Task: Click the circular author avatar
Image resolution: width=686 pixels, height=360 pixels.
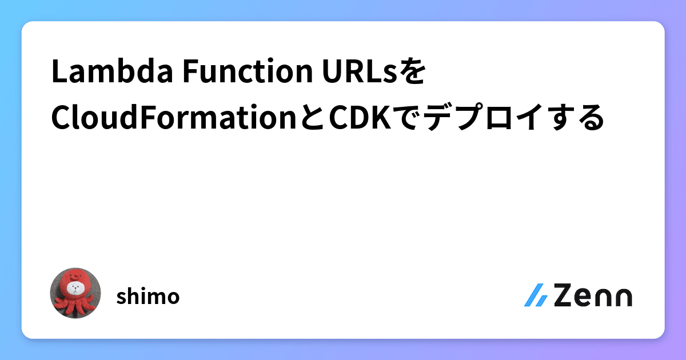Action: pyautogui.click(x=75, y=293)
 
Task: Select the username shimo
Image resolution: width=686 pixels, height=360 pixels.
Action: pyautogui.click(x=148, y=297)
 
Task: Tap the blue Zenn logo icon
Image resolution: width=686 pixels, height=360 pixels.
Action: pyautogui.click(x=536, y=295)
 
